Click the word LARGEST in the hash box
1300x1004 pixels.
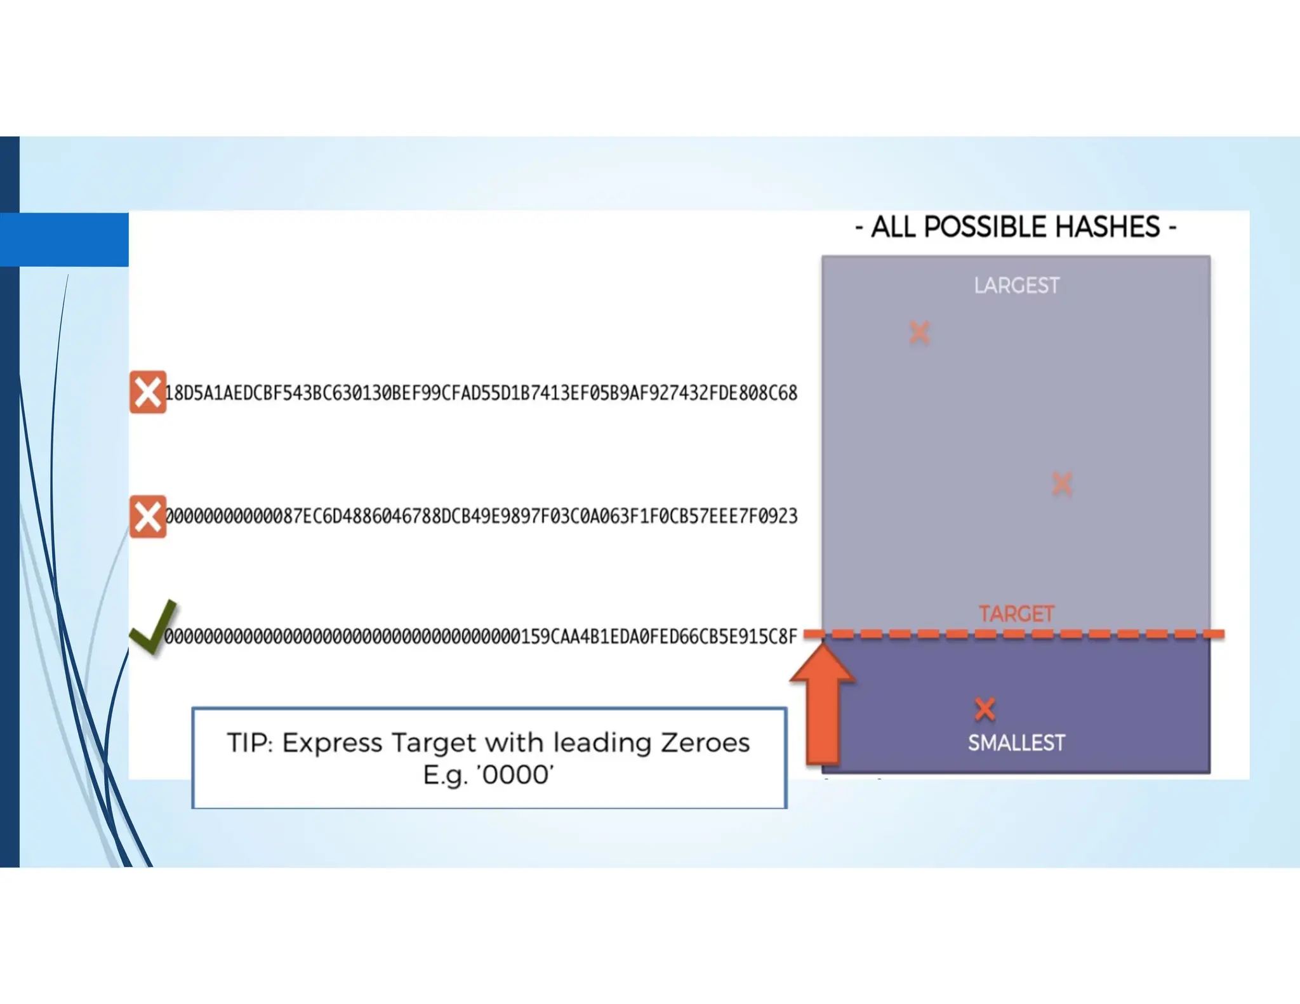point(1016,286)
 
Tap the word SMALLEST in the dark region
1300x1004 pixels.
point(1016,743)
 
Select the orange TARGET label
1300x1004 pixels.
point(1016,614)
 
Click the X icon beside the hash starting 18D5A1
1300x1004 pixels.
point(148,392)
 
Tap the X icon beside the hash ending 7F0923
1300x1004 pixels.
point(148,517)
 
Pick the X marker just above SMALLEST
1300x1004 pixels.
point(985,709)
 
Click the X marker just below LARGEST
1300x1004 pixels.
point(919,333)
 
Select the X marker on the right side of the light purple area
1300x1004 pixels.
point(1062,484)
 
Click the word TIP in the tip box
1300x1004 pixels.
point(249,743)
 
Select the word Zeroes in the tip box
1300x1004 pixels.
point(705,743)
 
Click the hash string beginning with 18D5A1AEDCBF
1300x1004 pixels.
point(481,393)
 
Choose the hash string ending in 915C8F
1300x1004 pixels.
point(481,636)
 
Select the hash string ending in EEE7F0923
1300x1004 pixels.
point(481,517)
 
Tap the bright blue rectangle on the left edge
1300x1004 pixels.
point(64,239)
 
